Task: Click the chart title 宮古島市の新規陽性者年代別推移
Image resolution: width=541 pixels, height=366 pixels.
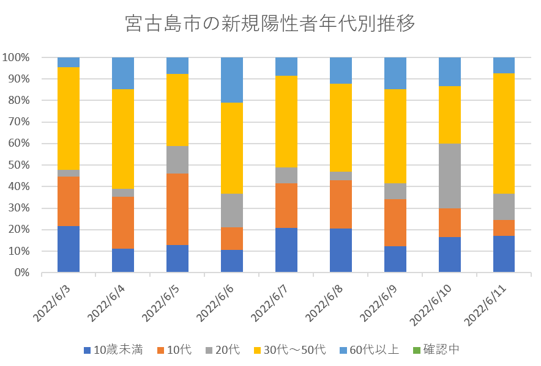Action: tap(270, 24)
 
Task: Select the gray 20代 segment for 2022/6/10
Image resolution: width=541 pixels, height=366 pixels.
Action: tap(450, 176)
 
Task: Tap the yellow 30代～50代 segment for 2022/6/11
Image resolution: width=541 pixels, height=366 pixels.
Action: tap(504, 133)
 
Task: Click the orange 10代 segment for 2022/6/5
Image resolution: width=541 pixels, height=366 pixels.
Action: tap(177, 209)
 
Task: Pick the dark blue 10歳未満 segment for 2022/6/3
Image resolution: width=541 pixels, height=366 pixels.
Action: tap(69, 249)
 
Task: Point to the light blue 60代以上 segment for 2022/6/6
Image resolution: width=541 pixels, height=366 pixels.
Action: tap(232, 79)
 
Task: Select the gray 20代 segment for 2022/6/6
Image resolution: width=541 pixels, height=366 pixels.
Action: tap(232, 210)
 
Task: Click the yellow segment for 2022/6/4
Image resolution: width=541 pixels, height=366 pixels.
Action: tap(123, 139)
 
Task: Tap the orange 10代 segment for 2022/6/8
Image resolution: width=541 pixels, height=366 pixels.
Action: tap(341, 204)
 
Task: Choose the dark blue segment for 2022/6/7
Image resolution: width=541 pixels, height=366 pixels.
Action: tap(286, 250)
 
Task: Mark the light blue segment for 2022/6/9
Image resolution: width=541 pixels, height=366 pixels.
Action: tap(395, 73)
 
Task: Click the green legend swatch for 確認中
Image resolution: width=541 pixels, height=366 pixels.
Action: tap(416, 350)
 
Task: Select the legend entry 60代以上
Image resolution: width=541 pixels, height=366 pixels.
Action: tap(371, 350)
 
